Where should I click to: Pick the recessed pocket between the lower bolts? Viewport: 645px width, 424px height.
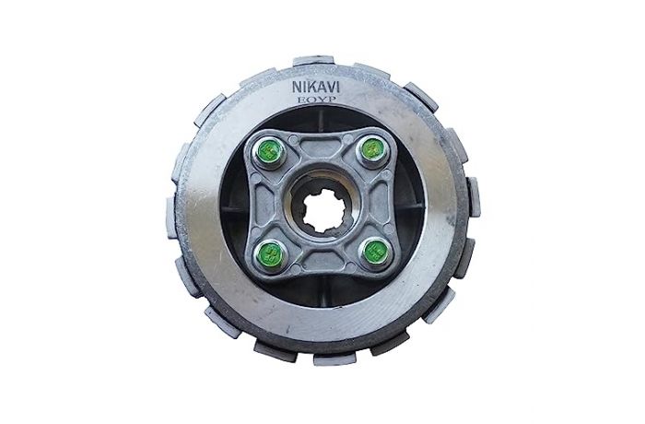coord(321,265)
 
